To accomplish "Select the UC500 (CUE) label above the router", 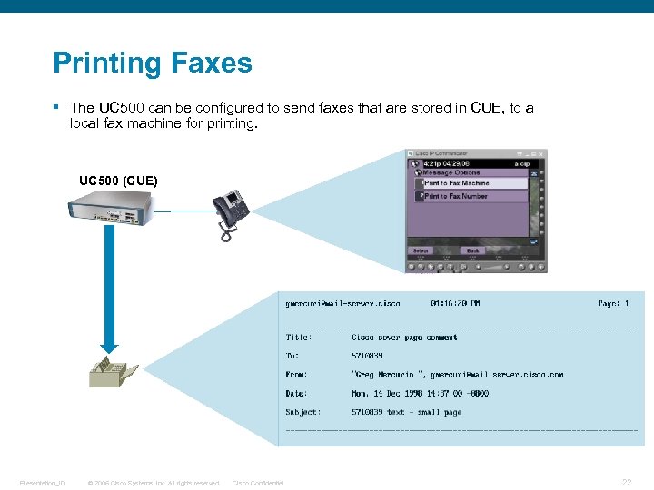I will point(118,181).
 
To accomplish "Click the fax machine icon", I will point(113,371).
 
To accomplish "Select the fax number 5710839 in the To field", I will point(368,356).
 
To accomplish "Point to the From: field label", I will point(296,375).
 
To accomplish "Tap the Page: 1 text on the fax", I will point(613,304).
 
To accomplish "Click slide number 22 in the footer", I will point(627,483).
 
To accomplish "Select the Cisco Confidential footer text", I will point(258,483).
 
